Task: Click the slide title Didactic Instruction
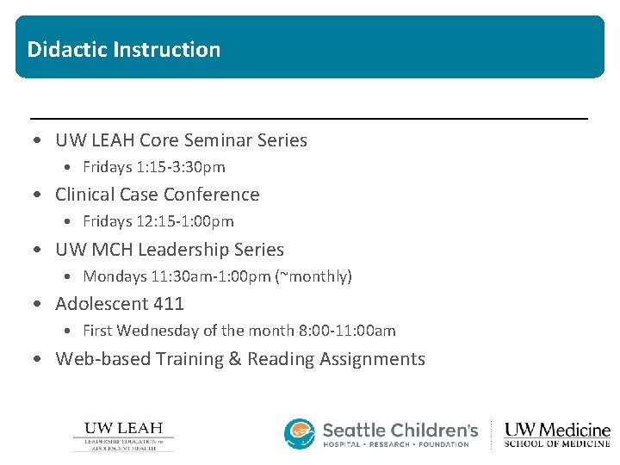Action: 123,49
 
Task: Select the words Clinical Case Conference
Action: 157,195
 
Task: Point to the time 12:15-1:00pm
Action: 184,221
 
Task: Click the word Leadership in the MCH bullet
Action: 184,250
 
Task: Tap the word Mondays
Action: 113,276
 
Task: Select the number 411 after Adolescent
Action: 169,304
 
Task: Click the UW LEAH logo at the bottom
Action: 123,436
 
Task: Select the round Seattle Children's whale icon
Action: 300,434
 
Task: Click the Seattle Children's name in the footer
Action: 400,430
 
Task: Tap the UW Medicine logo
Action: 556,434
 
